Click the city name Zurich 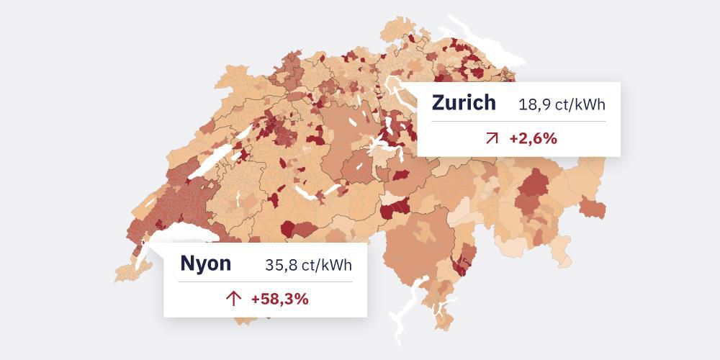(464, 103)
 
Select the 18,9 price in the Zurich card (534, 105)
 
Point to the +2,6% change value (533, 138)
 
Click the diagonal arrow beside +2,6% (492, 138)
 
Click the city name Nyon (206, 264)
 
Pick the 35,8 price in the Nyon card (281, 266)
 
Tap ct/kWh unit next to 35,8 (328, 266)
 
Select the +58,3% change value (280, 299)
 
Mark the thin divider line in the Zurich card (518, 121)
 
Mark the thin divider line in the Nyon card (265, 282)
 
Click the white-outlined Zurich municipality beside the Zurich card (395, 90)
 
